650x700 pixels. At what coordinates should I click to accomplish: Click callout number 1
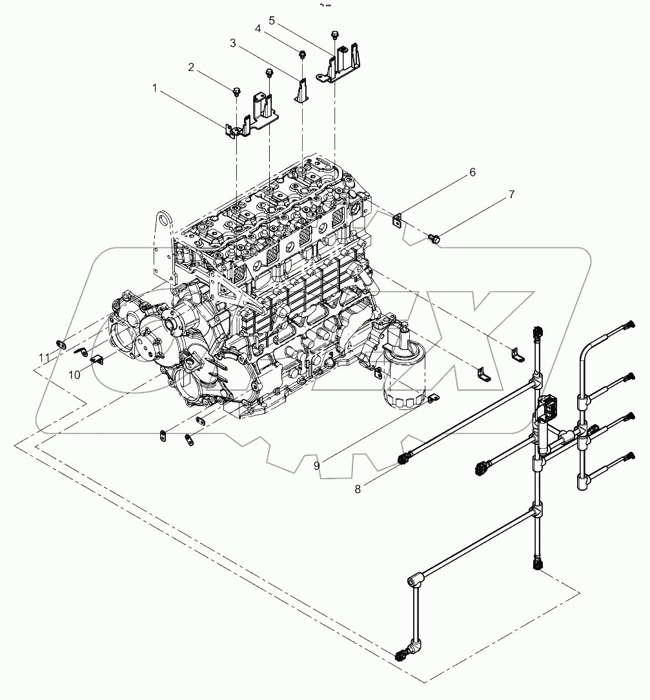pos(154,86)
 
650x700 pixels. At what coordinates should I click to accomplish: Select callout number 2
pos(191,67)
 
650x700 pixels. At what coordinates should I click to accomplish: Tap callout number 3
pos(233,43)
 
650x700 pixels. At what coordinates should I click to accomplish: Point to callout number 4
pos(258,29)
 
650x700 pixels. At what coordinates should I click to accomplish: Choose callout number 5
pos(272,21)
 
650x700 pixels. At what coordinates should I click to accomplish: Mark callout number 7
pos(512,194)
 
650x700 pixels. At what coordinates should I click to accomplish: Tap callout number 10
pos(75,375)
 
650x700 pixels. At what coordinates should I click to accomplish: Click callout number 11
pos(44,356)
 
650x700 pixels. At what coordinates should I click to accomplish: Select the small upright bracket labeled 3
pos(301,90)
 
